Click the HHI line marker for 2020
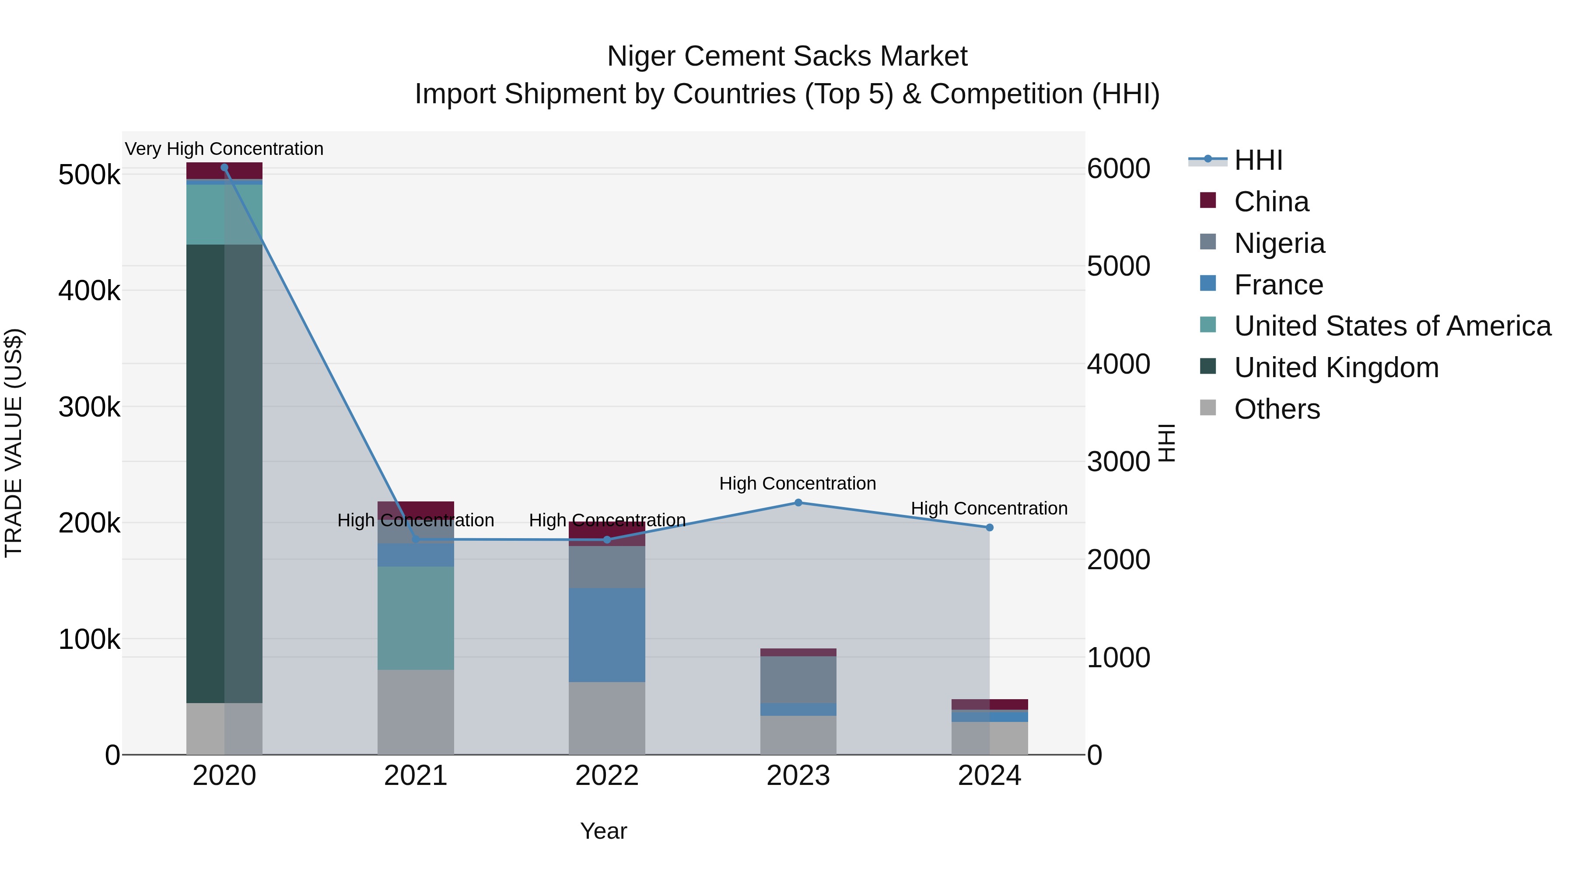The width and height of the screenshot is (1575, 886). pos(224,168)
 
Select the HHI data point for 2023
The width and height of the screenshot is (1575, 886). pos(798,503)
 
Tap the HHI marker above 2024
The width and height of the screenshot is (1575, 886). pos(989,527)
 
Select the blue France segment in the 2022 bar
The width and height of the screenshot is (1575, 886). pos(606,635)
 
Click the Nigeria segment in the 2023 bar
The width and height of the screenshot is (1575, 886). pos(798,679)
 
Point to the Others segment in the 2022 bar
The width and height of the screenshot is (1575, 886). pos(606,718)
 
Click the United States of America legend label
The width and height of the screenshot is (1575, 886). pos(1392,326)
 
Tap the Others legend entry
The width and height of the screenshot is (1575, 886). pos(1277,409)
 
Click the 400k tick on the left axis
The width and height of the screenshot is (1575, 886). pos(89,291)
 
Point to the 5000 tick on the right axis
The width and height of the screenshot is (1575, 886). pos(1118,266)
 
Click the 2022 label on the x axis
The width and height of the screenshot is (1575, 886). pos(606,776)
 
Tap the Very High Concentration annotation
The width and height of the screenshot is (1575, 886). pos(224,149)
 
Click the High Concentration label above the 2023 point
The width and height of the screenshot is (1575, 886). pos(797,483)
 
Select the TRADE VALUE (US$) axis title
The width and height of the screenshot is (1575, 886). pos(14,443)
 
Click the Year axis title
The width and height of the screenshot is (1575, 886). pos(603,831)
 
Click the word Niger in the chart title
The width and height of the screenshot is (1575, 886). pos(641,56)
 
